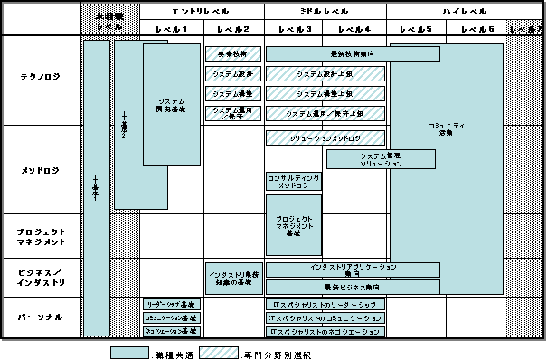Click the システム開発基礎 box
(171, 105)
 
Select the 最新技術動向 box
(353, 53)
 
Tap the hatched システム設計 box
(233, 73)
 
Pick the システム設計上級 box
(325, 73)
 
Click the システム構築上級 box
(325, 93)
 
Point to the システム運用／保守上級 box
(325, 114)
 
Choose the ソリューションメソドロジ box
(325, 137)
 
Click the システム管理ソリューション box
(381, 159)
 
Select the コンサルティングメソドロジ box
(292, 181)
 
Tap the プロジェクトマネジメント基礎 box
(292, 225)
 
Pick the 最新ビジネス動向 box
(353, 287)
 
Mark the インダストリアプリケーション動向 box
(353, 270)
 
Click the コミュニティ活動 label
(445, 128)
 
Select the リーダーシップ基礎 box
(172, 305)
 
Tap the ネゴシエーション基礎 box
(172, 332)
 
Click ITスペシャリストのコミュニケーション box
(325, 318)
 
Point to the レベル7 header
(525, 30)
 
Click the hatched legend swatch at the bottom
(218, 352)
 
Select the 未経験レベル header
(110, 21)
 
